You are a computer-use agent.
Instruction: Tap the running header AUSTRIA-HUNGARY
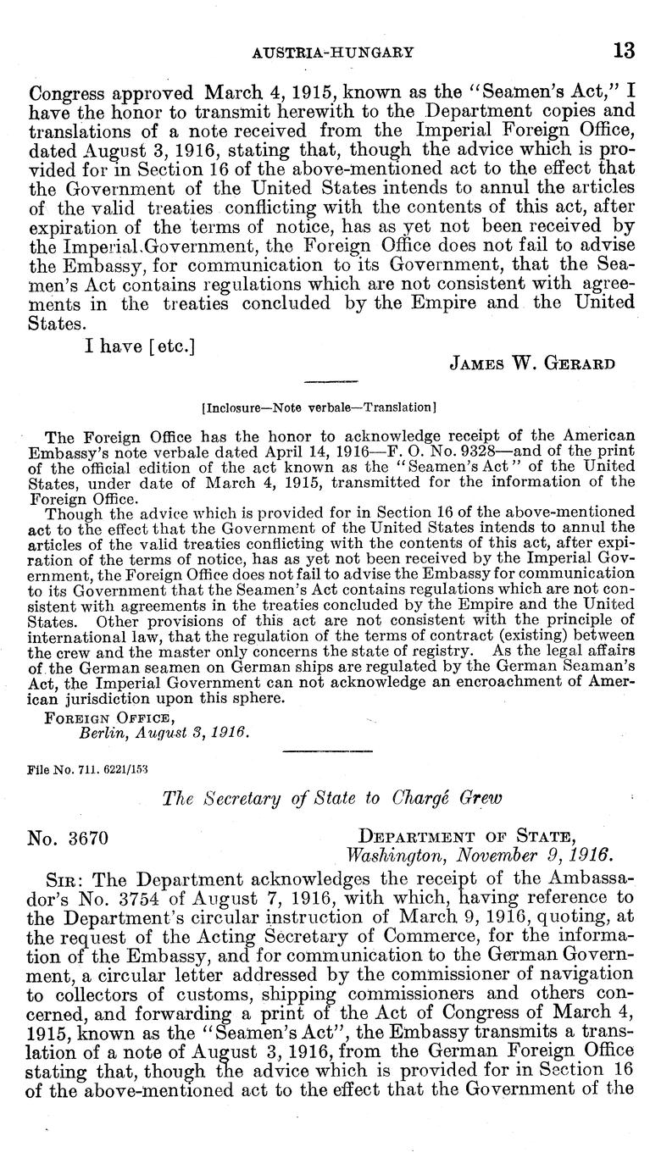[x=333, y=52]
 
